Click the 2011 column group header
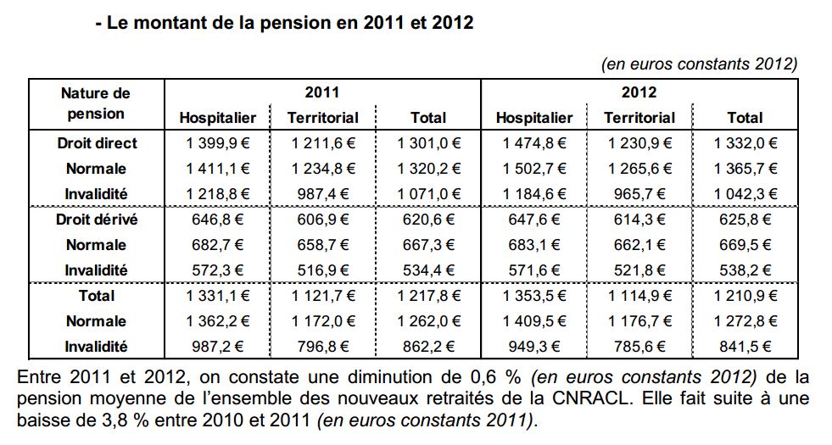coord(322,92)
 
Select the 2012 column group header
coord(639,92)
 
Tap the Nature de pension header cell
coord(96,103)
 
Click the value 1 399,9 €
coord(217,143)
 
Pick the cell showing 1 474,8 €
coord(533,143)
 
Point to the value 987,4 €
coord(322,194)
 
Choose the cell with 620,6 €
coord(427,220)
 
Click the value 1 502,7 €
coord(533,169)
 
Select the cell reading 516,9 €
coord(322,270)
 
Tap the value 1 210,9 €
coord(745,296)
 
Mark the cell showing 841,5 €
coord(745,347)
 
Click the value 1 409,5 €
coord(533,321)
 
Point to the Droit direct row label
coord(97,143)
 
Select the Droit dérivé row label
coord(97,220)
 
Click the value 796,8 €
coord(322,347)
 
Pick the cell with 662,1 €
coord(639,245)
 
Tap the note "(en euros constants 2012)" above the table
coord(699,64)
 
